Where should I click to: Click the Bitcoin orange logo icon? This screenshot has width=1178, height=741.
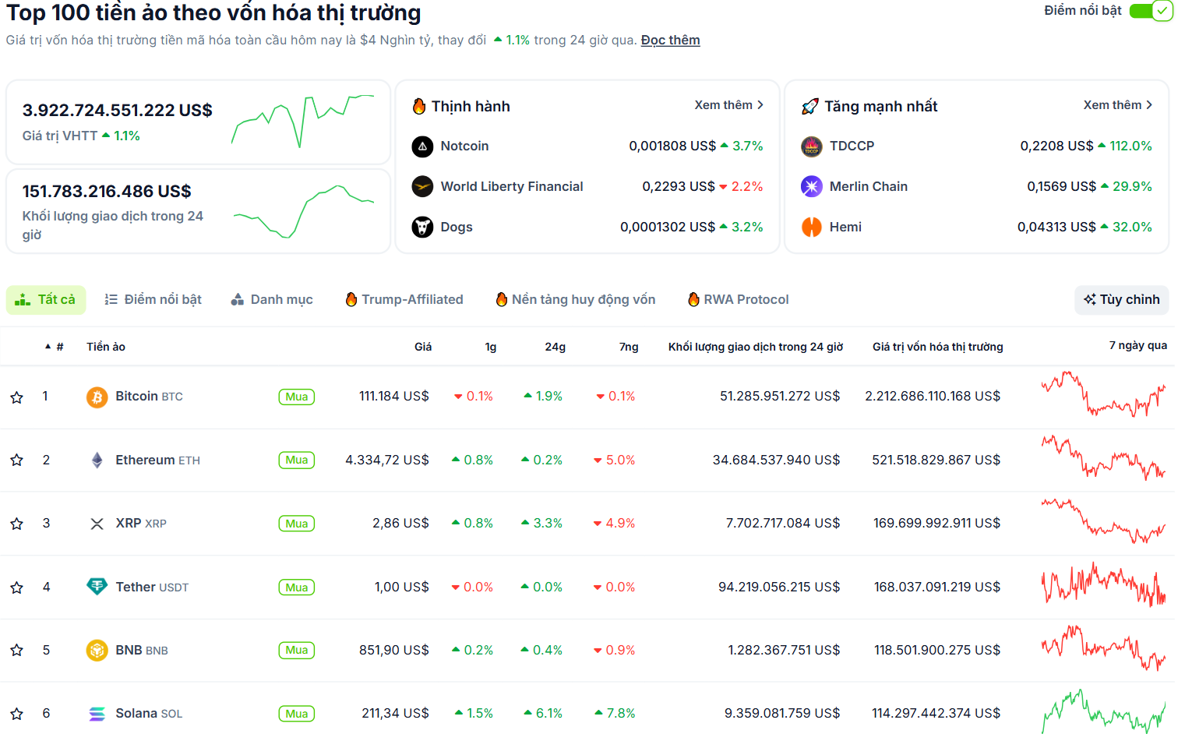(x=97, y=397)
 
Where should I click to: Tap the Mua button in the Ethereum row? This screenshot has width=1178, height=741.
(x=296, y=460)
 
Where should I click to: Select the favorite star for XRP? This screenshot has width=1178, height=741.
(x=16, y=524)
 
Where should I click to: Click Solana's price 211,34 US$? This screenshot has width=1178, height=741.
(x=395, y=714)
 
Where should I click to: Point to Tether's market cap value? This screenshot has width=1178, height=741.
(x=936, y=588)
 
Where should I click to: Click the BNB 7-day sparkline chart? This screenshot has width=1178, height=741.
(x=1103, y=649)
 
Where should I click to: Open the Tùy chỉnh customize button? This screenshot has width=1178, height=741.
(x=1121, y=300)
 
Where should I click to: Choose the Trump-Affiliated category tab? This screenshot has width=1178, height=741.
(x=404, y=300)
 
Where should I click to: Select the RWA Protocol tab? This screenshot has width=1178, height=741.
(x=738, y=300)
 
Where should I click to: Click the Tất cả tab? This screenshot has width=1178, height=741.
(x=46, y=300)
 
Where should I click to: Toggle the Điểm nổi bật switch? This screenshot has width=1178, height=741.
(x=1150, y=11)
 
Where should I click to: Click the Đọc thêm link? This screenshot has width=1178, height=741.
(x=670, y=41)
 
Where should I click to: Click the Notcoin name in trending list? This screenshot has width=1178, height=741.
(x=464, y=146)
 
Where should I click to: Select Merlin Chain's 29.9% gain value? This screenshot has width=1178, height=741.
(x=1131, y=187)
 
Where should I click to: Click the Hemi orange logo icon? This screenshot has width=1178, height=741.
(x=812, y=228)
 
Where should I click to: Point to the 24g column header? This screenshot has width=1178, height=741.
(x=555, y=348)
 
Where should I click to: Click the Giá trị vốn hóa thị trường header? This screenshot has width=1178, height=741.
(x=937, y=348)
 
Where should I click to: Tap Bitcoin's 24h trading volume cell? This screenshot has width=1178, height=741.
(x=779, y=397)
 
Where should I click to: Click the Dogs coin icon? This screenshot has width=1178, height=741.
(x=422, y=228)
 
